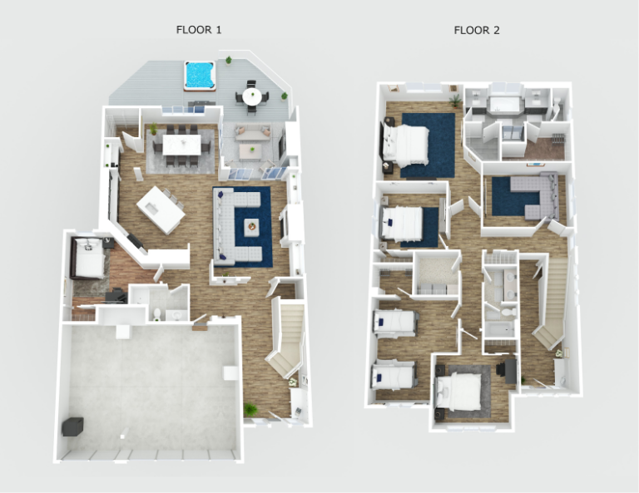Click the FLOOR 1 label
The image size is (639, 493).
[x=198, y=30]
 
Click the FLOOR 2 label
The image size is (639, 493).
[x=477, y=30]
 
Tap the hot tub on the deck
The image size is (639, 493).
[x=199, y=75]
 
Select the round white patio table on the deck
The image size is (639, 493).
[x=251, y=96]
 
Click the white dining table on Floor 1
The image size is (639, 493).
[x=182, y=145]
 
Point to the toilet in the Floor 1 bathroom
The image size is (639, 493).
[x=157, y=313]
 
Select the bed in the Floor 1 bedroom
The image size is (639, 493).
[x=88, y=258]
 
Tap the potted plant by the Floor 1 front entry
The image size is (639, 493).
[x=250, y=409]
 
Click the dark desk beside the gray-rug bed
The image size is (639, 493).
[x=507, y=367]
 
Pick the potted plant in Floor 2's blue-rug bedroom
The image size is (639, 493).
[x=454, y=100]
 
